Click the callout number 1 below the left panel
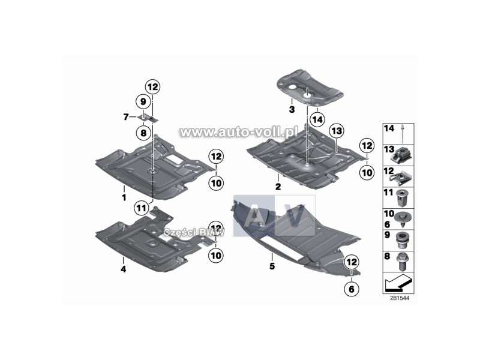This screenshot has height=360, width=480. [124, 197]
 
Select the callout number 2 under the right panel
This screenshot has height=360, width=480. [278, 187]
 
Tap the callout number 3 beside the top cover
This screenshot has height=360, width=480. [291, 110]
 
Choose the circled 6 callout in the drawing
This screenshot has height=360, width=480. [350, 289]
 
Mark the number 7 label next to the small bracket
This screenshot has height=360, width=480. [126, 117]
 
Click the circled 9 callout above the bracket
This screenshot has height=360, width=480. [143, 101]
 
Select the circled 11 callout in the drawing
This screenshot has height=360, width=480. [142, 208]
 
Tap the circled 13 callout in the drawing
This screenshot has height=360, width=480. [335, 131]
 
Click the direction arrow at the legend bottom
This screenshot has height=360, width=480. [397, 281]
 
